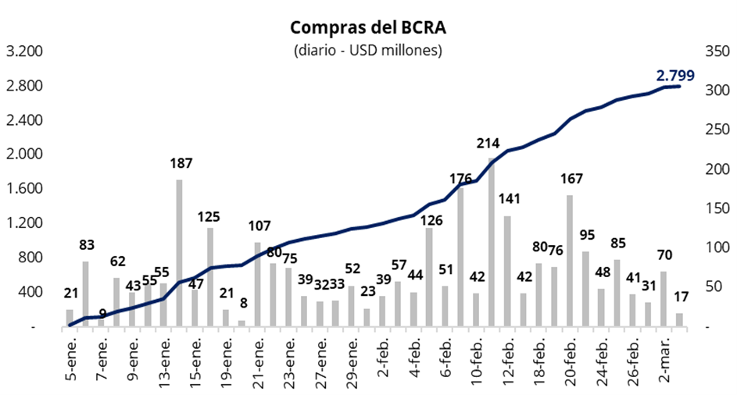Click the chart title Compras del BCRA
tap(368, 29)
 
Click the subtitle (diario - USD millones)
tap(368, 52)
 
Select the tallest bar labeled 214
tap(492, 242)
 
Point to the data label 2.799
tap(675, 76)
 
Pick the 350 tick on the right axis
tap(717, 52)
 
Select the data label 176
tap(460, 179)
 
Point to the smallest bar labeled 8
tap(241, 323)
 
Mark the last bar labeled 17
tap(679, 320)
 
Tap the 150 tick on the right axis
tap(717, 209)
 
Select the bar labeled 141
tap(507, 271)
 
